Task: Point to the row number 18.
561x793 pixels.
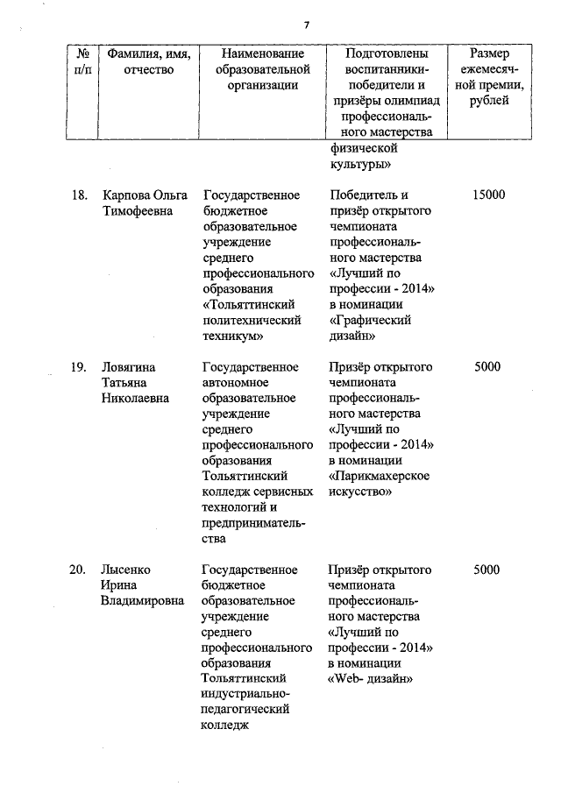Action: (x=78, y=195)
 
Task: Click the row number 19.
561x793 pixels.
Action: (x=78, y=366)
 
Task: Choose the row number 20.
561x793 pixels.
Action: (x=78, y=570)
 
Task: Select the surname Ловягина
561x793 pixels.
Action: (x=131, y=366)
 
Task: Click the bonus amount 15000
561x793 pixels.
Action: (x=487, y=195)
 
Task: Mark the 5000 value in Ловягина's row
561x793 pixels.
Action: (x=487, y=366)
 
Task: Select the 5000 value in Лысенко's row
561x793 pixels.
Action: (x=487, y=570)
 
